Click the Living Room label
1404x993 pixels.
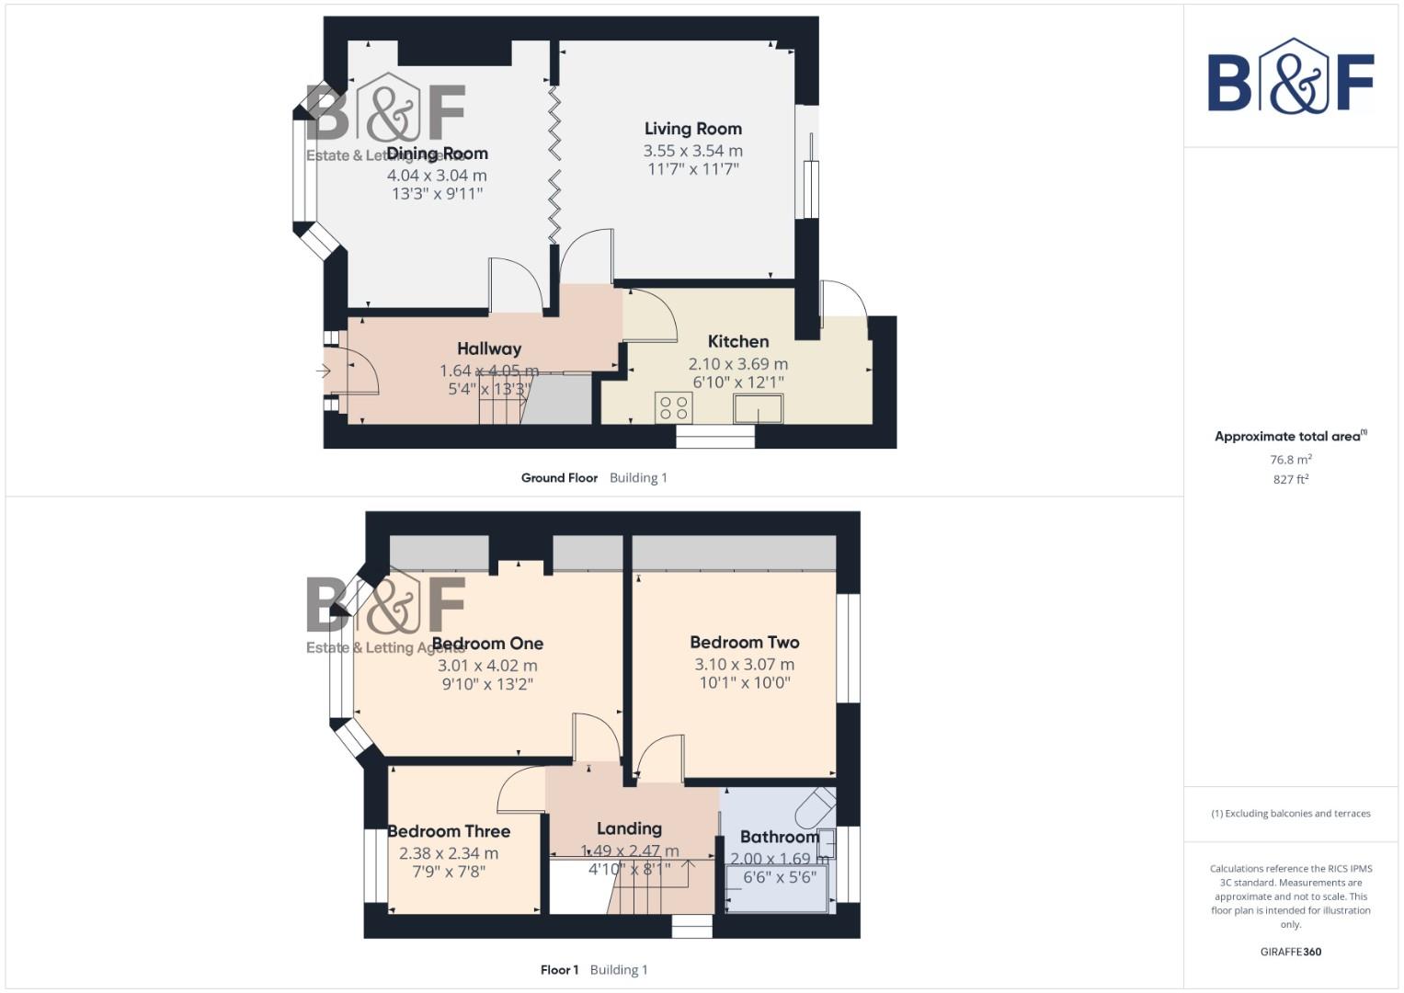[x=692, y=129]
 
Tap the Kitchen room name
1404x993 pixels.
[x=737, y=341]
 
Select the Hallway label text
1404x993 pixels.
[x=489, y=348]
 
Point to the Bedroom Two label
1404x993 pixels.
[x=745, y=642]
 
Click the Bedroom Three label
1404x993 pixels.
[x=449, y=831]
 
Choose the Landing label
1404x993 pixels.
[x=629, y=828]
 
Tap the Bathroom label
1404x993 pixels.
[x=779, y=837]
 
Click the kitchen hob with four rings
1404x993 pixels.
[x=674, y=407]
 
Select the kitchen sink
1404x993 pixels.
[x=758, y=408]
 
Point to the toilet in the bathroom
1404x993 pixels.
[x=815, y=806]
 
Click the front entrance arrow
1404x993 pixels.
[x=323, y=371]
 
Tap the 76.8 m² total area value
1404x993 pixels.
[x=1290, y=460]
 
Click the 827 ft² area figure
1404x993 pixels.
[x=1290, y=479]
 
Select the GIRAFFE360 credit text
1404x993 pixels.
[x=1290, y=952]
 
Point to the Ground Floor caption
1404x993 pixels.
[x=559, y=478]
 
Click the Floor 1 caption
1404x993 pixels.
[x=559, y=970]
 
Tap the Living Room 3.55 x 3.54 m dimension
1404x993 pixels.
[x=692, y=151]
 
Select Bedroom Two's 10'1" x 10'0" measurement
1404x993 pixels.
[x=745, y=682]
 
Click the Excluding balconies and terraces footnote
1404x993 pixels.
[x=1290, y=814]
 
